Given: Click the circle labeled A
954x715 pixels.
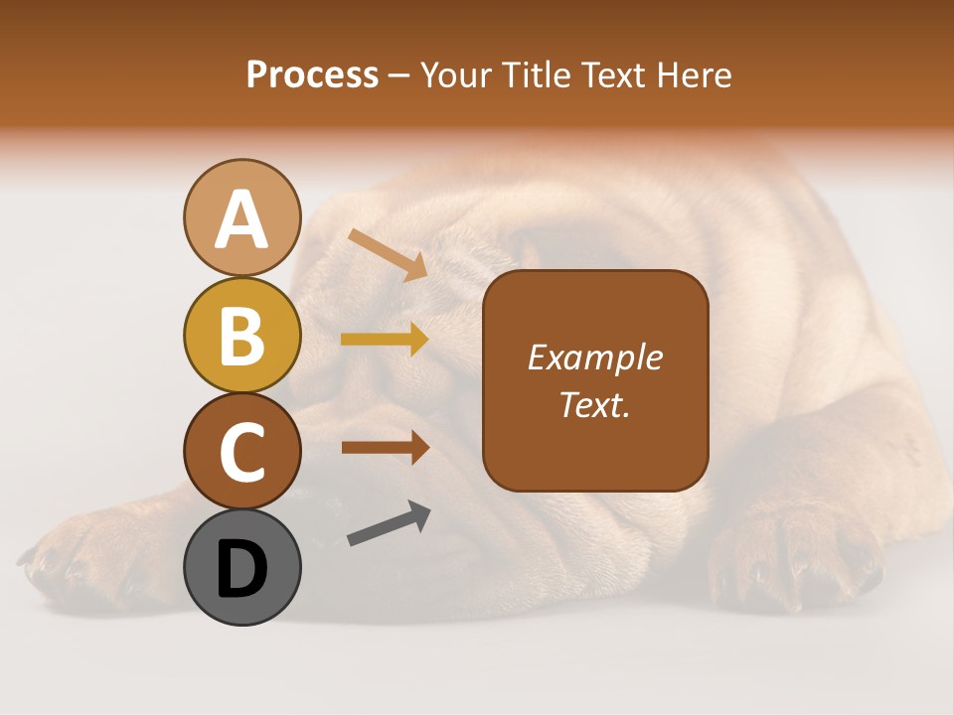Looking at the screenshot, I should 241,217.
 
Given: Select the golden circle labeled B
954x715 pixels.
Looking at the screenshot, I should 241,336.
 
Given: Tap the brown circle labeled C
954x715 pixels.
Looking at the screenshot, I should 241,451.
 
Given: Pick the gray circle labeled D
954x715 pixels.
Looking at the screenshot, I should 241,567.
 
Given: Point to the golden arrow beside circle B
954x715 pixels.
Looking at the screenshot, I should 385,340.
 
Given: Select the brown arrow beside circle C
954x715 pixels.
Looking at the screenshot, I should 385,448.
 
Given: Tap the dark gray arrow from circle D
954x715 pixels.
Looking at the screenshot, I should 389,523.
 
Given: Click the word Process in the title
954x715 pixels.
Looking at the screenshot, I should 312,75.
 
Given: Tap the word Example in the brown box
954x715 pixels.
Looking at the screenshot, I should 595,358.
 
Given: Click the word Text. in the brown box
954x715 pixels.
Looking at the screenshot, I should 595,405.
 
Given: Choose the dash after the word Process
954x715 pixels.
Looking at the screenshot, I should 399,75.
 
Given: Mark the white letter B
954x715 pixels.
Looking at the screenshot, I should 241,336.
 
